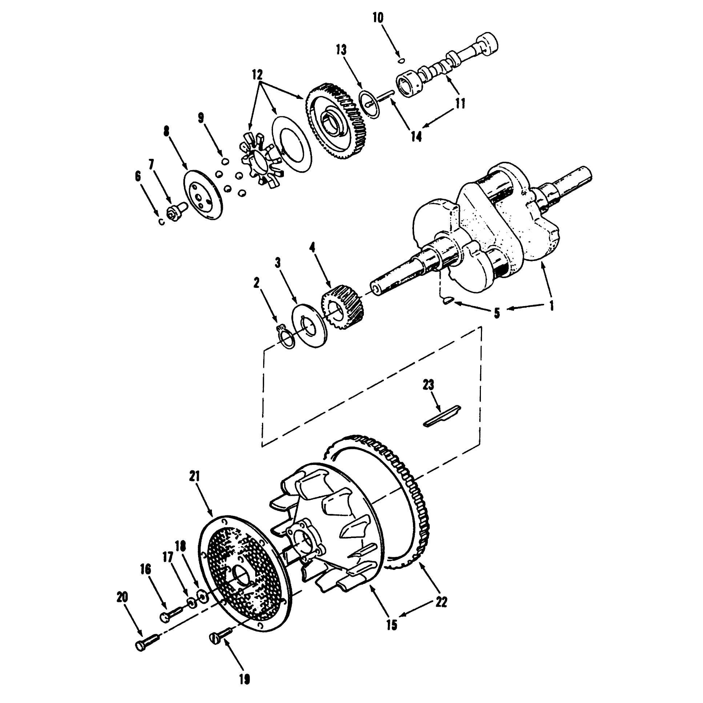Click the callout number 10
click(x=378, y=18)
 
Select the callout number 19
click(x=245, y=679)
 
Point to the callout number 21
click(x=195, y=477)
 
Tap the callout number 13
click(x=341, y=50)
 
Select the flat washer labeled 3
click(x=310, y=326)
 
